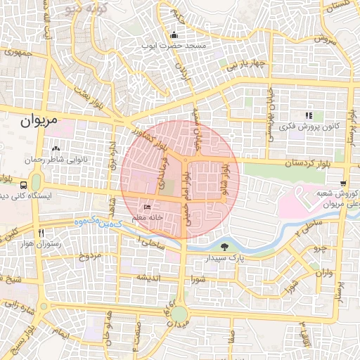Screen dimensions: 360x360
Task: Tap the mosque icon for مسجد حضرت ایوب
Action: pos(174,35)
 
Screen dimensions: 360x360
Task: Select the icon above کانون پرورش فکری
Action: pos(307,115)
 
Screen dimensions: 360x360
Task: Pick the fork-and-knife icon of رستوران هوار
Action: pos(41,233)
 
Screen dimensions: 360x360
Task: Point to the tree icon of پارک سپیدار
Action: pos(224,247)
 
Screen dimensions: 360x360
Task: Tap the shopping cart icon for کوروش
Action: pos(342,181)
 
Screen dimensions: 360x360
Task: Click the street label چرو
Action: pos(320,247)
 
